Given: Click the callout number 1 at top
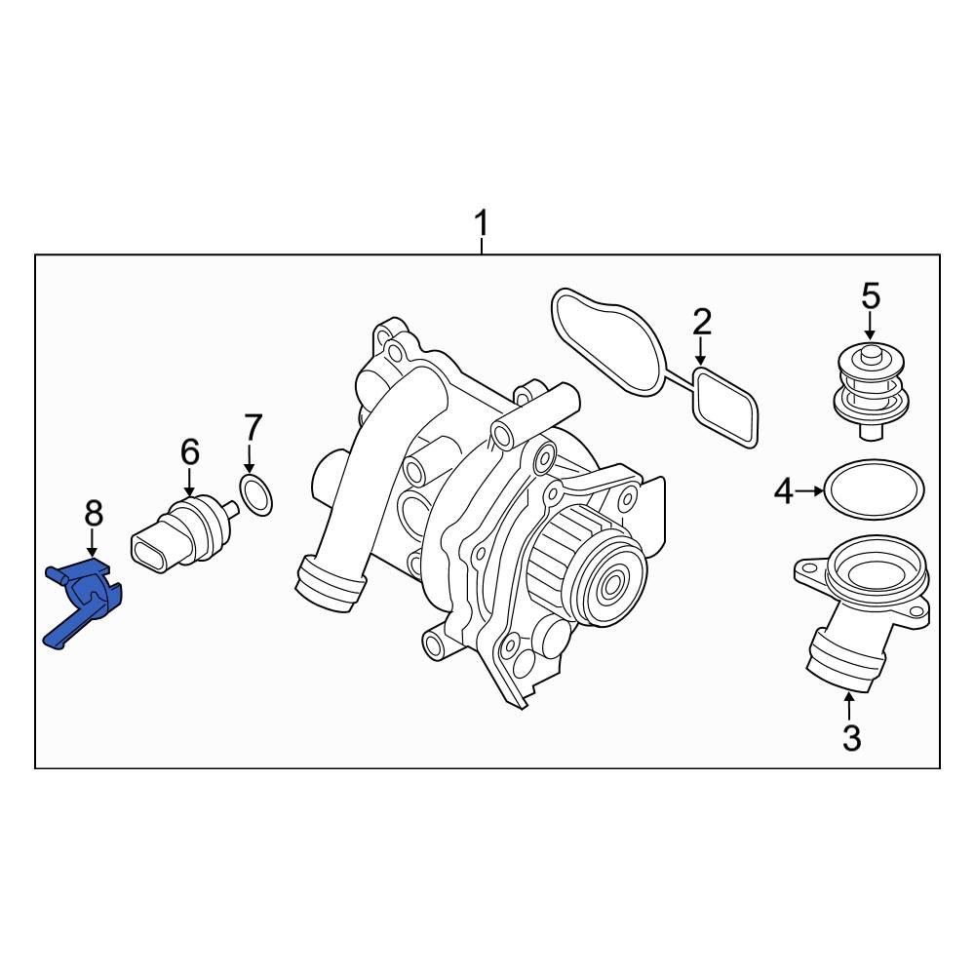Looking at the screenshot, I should pos(480,225).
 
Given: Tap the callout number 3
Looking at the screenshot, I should pos(851,738).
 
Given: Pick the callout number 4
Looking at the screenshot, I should pos(784,493).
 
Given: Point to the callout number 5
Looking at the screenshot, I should pos(870,294).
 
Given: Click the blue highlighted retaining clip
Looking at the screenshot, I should pos(85,598).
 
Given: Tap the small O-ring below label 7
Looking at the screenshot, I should pos(255,495).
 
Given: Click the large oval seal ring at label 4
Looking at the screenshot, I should pos(874,489).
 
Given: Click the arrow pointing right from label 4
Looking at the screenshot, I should pos(809,493).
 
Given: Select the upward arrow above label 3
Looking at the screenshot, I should pos(851,704).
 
